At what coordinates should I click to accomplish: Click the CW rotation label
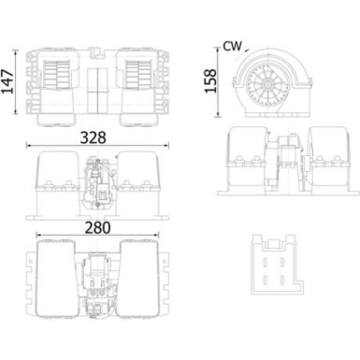[x=235, y=45]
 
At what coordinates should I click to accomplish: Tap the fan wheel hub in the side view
[x=268, y=82]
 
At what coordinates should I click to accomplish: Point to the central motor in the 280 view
[x=101, y=281]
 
